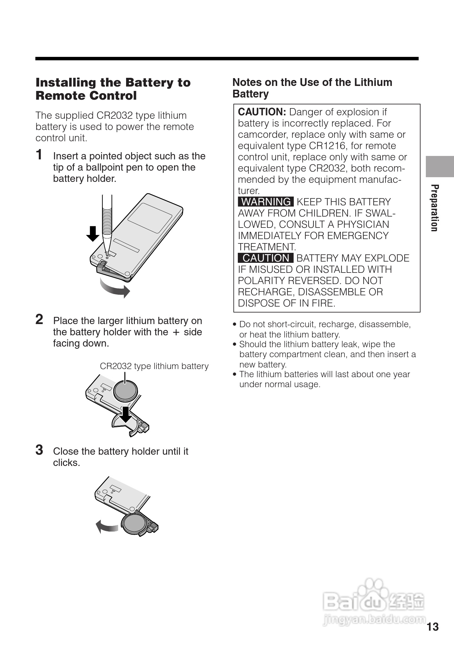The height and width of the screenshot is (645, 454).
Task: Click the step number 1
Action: [x=39, y=155]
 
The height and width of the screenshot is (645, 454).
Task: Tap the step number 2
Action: [x=39, y=319]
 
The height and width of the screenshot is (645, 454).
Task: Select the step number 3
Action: [x=39, y=450]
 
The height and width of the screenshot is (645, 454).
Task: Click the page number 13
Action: [x=433, y=627]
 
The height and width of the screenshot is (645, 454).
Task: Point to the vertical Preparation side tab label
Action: [x=434, y=208]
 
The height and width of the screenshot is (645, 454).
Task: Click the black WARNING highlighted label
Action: [x=266, y=202]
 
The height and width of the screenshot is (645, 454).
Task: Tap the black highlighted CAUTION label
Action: [x=266, y=258]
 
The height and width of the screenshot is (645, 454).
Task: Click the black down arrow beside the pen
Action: [x=93, y=234]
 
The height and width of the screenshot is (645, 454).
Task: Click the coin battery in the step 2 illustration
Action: [x=125, y=391]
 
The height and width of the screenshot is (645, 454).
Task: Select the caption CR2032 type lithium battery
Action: [x=154, y=366]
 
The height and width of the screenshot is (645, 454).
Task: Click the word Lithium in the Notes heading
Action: [x=373, y=82]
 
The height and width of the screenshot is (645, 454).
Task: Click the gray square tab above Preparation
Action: [x=440, y=167]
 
